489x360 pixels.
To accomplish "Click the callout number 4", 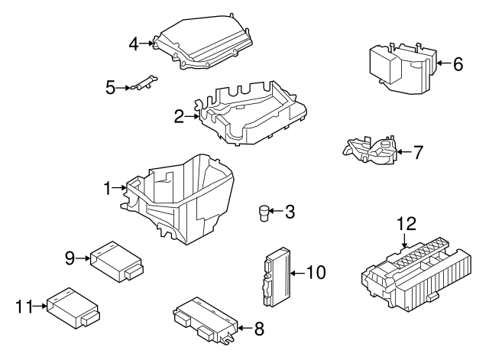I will pyautogui.click(x=134, y=44).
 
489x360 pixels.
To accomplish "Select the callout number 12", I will pyautogui.click(x=407, y=224).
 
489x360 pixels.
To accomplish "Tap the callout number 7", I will pyautogui.click(x=417, y=151).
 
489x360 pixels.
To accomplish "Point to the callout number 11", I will pyautogui.click(x=24, y=307).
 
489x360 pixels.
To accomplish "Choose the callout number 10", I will pyautogui.click(x=315, y=271).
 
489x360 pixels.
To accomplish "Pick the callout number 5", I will pyautogui.click(x=111, y=88).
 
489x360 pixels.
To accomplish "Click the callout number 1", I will pyautogui.click(x=108, y=186).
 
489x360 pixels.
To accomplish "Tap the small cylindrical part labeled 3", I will pyautogui.click(x=264, y=212).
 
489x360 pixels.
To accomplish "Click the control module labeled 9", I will pyautogui.click(x=116, y=259).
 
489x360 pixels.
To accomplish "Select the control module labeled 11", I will pyautogui.click(x=73, y=307).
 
